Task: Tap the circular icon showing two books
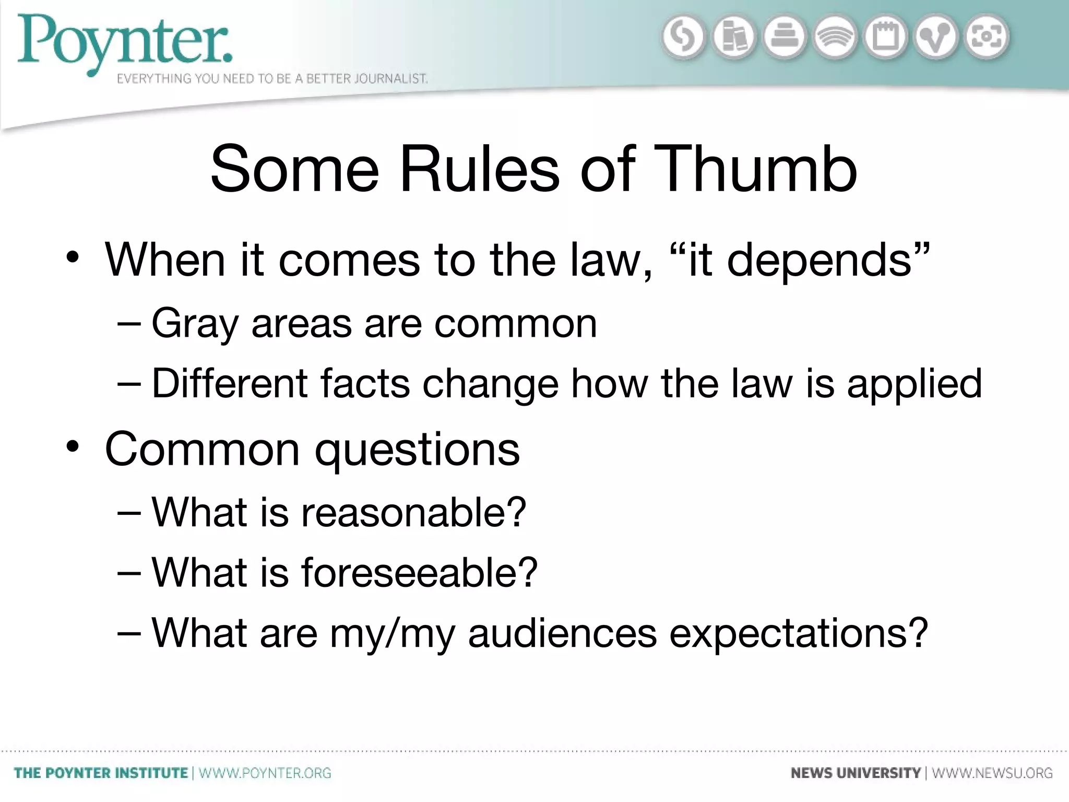point(734,38)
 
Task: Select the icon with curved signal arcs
point(835,38)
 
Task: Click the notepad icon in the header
point(886,38)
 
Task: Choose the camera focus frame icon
point(987,37)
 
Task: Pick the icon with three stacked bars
point(785,38)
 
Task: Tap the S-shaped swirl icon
point(683,38)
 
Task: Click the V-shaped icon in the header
point(936,38)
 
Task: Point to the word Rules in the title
point(480,169)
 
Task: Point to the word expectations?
point(799,633)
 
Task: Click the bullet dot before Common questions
point(73,447)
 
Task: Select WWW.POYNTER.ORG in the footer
point(265,773)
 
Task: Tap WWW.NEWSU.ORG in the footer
point(992,773)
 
